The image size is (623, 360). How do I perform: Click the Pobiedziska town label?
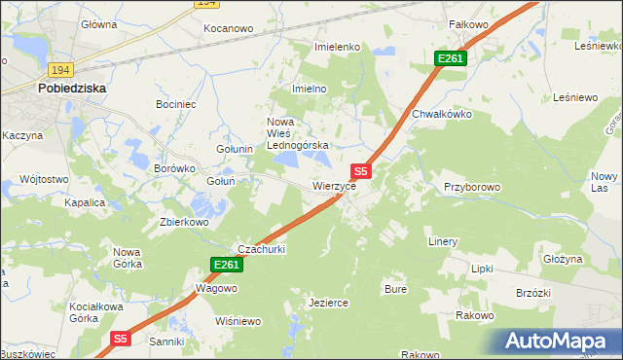pyautogui.click(x=72, y=88)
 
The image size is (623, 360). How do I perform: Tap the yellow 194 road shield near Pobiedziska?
pyautogui.click(x=60, y=69)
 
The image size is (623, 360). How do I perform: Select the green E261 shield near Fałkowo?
pyautogui.click(x=451, y=59)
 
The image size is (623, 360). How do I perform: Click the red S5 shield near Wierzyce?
pyautogui.click(x=360, y=170)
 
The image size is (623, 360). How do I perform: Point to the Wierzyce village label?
pyautogui.click(x=340, y=185)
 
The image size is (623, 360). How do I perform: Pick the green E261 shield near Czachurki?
pyautogui.click(x=225, y=265)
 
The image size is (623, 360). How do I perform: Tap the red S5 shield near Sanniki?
pyautogui.click(x=119, y=339)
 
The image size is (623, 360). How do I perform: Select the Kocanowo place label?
pyautogui.click(x=228, y=29)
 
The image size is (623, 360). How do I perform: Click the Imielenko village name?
pyautogui.click(x=338, y=47)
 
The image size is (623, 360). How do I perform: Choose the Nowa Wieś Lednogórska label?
pyautogui.click(x=299, y=133)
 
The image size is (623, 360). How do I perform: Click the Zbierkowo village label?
pyautogui.click(x=184, y=222)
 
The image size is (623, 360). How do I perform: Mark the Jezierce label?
pyautogui.click(x=328, y=303)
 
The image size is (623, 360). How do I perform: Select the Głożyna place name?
pyautogui.click(x=562, y=259)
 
